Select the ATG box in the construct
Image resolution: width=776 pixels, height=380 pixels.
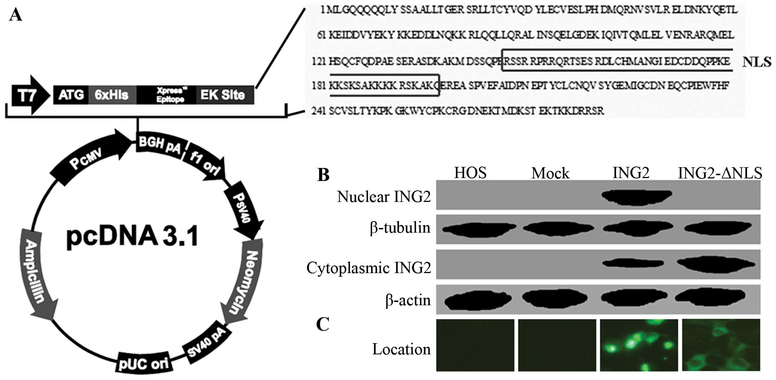[x=71, y=95]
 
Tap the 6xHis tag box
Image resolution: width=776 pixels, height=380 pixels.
[x=112, y=95]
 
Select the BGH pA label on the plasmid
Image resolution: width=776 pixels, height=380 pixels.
[x=160, y=145]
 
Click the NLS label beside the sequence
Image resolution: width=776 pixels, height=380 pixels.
[x=757, y=62]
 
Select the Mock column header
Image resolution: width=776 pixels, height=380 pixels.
[x=550, y=173]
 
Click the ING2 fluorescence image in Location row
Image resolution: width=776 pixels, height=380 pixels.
[x=639, y=345]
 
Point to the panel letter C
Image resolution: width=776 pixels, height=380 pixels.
[x=322, y=324]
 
